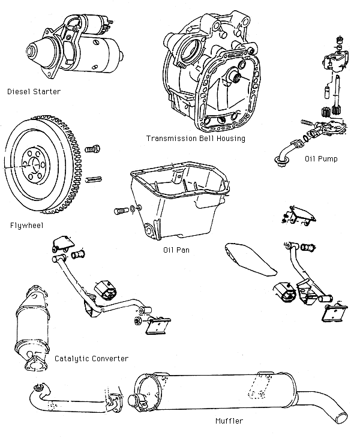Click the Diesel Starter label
point(34,92)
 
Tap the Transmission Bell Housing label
point(196,139)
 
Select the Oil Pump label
point(320,159)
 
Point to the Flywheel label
point(27,226)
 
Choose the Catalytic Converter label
point(91,359)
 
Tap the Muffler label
point(229,421)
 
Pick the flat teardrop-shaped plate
point(249,258)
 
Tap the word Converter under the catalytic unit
point(110,359)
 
